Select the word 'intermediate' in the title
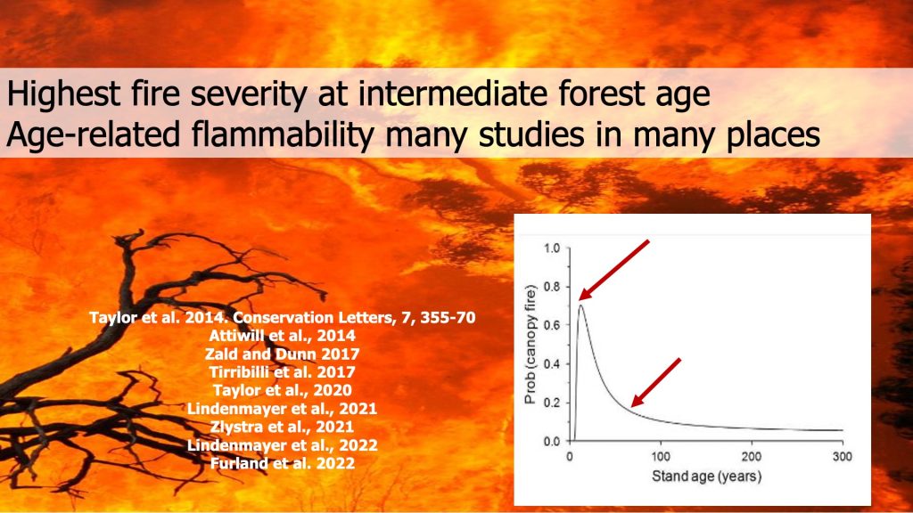point(452,93)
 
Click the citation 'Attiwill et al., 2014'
point(282,336)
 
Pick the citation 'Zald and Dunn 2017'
point(282,354)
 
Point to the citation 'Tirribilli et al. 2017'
point(282,371)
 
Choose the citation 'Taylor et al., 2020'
point(282,390)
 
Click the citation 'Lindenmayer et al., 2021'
point(282,408)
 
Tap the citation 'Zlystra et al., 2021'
point(282,427)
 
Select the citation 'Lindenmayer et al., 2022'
point(282,445)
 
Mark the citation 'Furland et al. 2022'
point(282,463)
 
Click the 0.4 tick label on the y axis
point(551,364)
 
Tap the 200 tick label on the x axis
point(752,457)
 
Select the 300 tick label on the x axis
point(843,457)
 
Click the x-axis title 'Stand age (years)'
point(706,476)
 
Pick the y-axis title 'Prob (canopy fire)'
point(530,345)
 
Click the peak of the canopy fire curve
point(580,305)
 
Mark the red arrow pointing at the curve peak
point(613,270)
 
